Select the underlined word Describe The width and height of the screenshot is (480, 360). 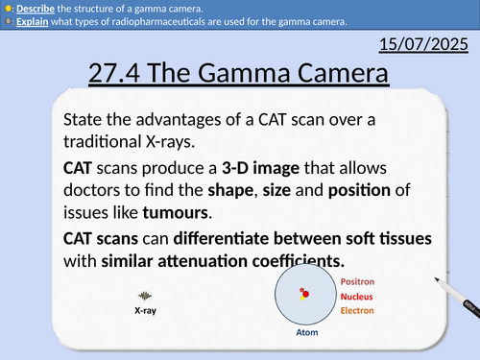click(x=36, y=8)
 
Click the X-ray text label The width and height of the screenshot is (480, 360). click(x=146, y=311)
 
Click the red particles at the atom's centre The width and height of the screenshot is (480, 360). click(x=303, y=293)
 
